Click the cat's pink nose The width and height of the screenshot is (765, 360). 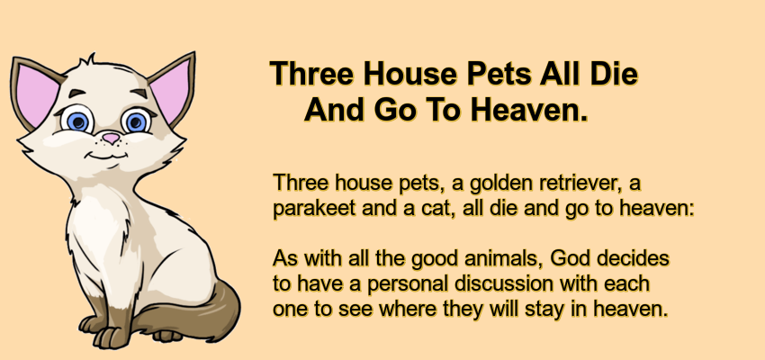112,138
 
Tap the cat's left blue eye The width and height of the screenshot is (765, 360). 77,120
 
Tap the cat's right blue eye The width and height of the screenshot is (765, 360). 136,121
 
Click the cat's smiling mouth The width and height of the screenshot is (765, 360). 108,156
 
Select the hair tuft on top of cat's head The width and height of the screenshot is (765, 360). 89,59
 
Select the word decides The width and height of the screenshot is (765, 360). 634,258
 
